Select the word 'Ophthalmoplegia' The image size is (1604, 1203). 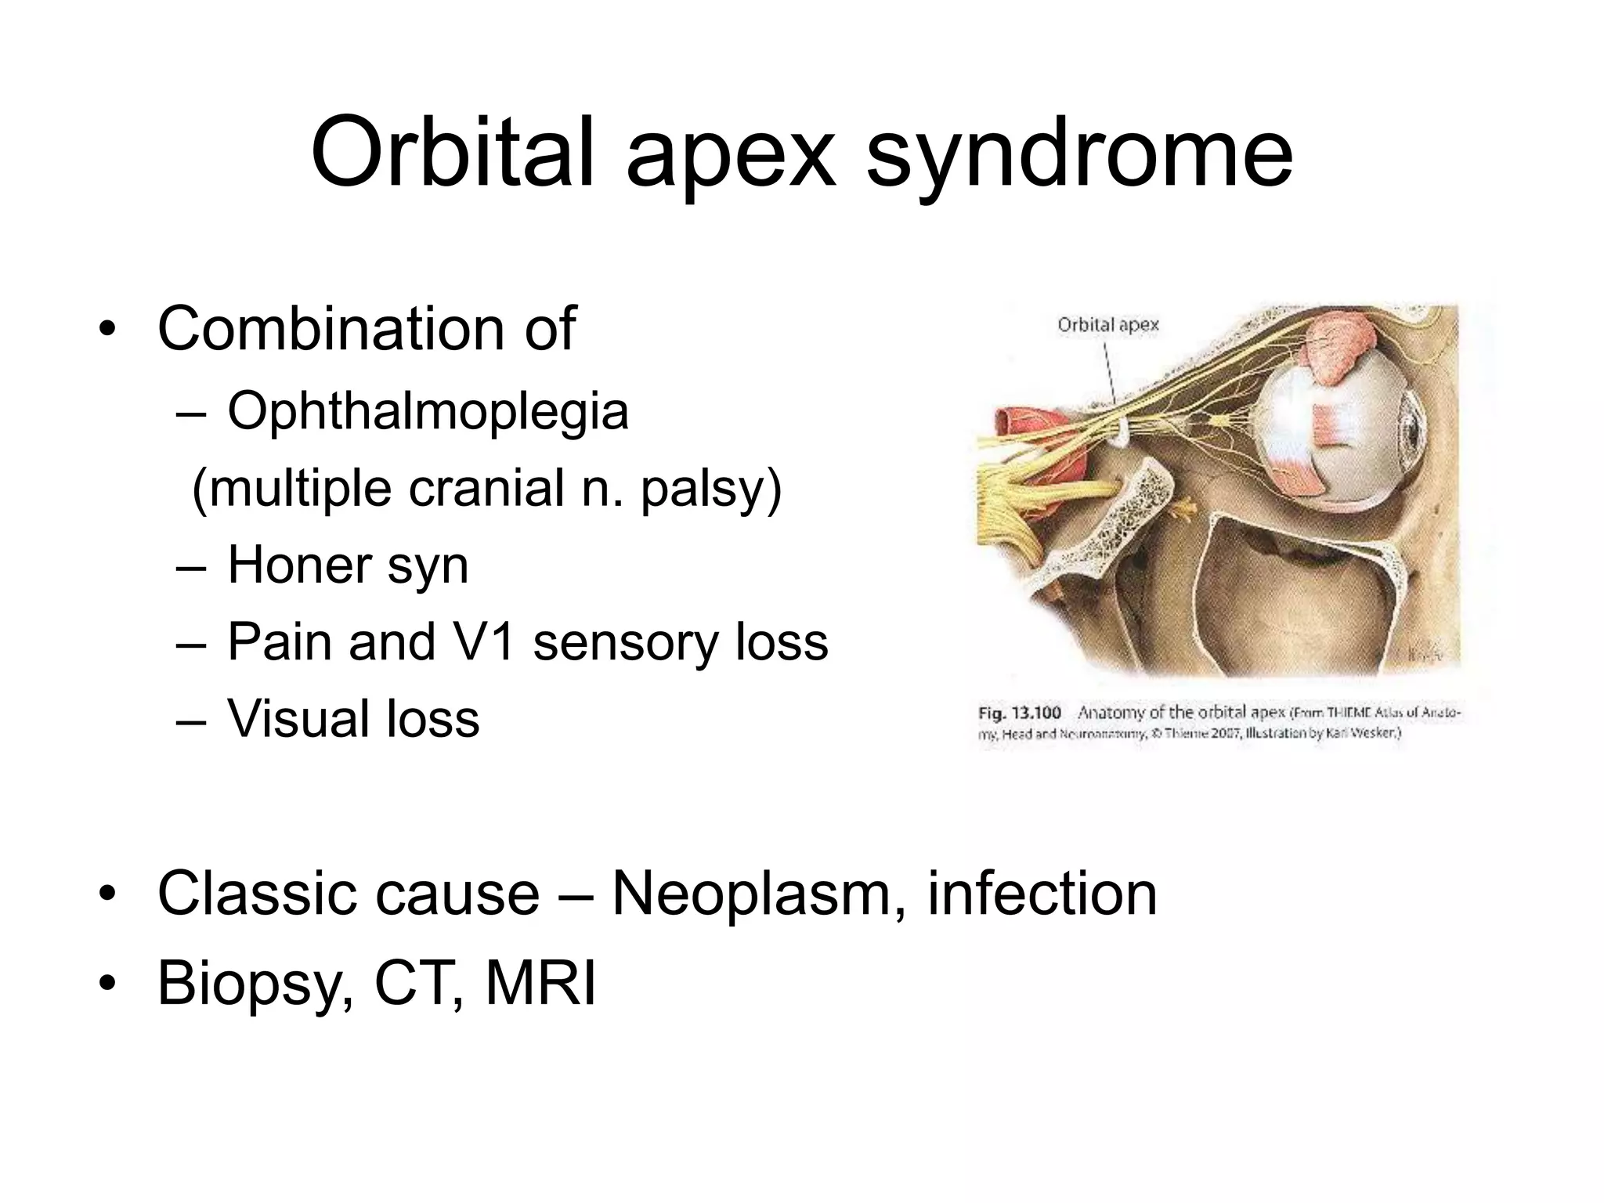coord(428,410)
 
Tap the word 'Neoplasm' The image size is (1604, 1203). coord(752,894)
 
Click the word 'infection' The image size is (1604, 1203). coord(1042,894)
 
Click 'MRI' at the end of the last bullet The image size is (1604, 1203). coord(540,984)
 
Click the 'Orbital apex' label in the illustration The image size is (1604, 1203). coord(1107,325)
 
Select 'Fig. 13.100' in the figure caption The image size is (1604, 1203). coord(1020,713)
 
